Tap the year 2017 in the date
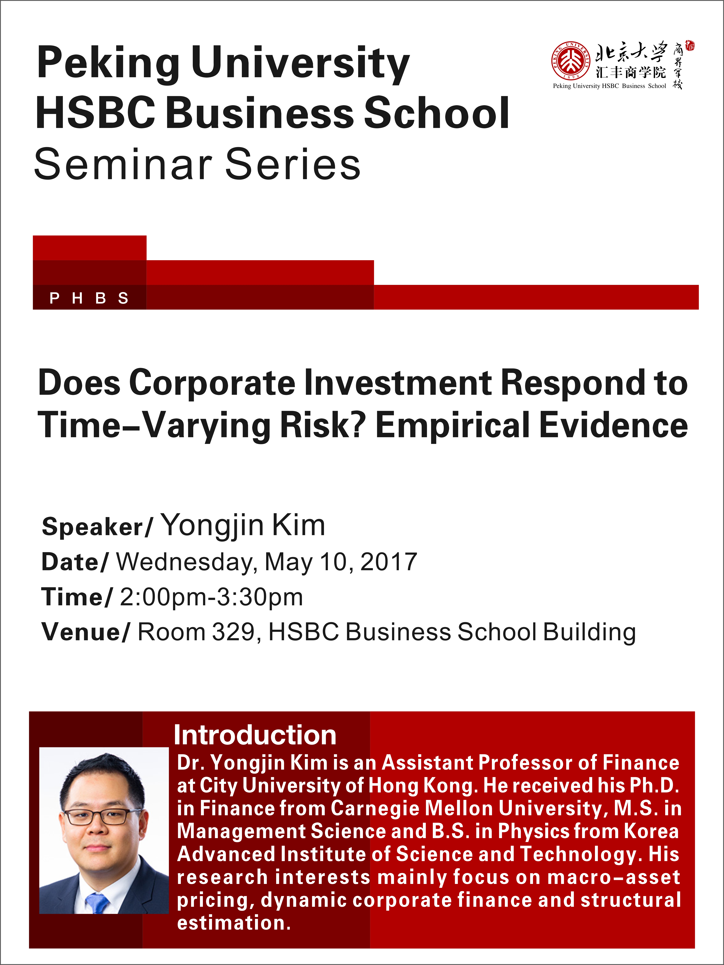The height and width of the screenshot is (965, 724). (x=389, y=561)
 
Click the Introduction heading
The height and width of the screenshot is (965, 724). (x=255, y=735)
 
